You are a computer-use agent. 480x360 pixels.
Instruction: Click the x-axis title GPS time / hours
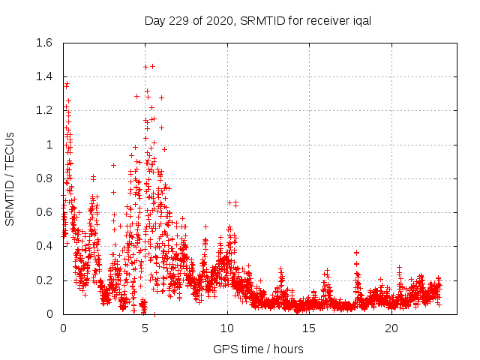click(258, 349)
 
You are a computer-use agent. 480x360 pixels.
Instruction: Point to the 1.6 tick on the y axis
click(44, 43)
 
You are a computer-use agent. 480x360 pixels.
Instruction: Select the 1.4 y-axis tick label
click(44, 76)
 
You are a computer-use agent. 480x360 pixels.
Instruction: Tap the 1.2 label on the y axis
click(44, 110)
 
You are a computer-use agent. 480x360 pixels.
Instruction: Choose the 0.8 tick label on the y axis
click(44, 178)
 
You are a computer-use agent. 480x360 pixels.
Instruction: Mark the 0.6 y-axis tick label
click(44, 212)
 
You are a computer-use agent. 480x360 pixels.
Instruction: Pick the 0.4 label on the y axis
click(44, 246)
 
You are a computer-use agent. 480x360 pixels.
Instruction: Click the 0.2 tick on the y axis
click(44, 280)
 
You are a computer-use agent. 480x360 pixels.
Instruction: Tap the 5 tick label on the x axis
click(145, 328)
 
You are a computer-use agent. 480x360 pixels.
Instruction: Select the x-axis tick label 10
click(227, 328)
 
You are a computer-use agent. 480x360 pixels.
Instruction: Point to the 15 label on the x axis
click(310, 328)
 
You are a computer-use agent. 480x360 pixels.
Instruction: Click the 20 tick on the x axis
click(391, 328)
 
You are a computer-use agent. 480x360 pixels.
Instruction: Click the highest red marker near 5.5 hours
click(152, 66)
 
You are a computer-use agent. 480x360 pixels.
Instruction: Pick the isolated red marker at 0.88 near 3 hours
click(113, 165)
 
